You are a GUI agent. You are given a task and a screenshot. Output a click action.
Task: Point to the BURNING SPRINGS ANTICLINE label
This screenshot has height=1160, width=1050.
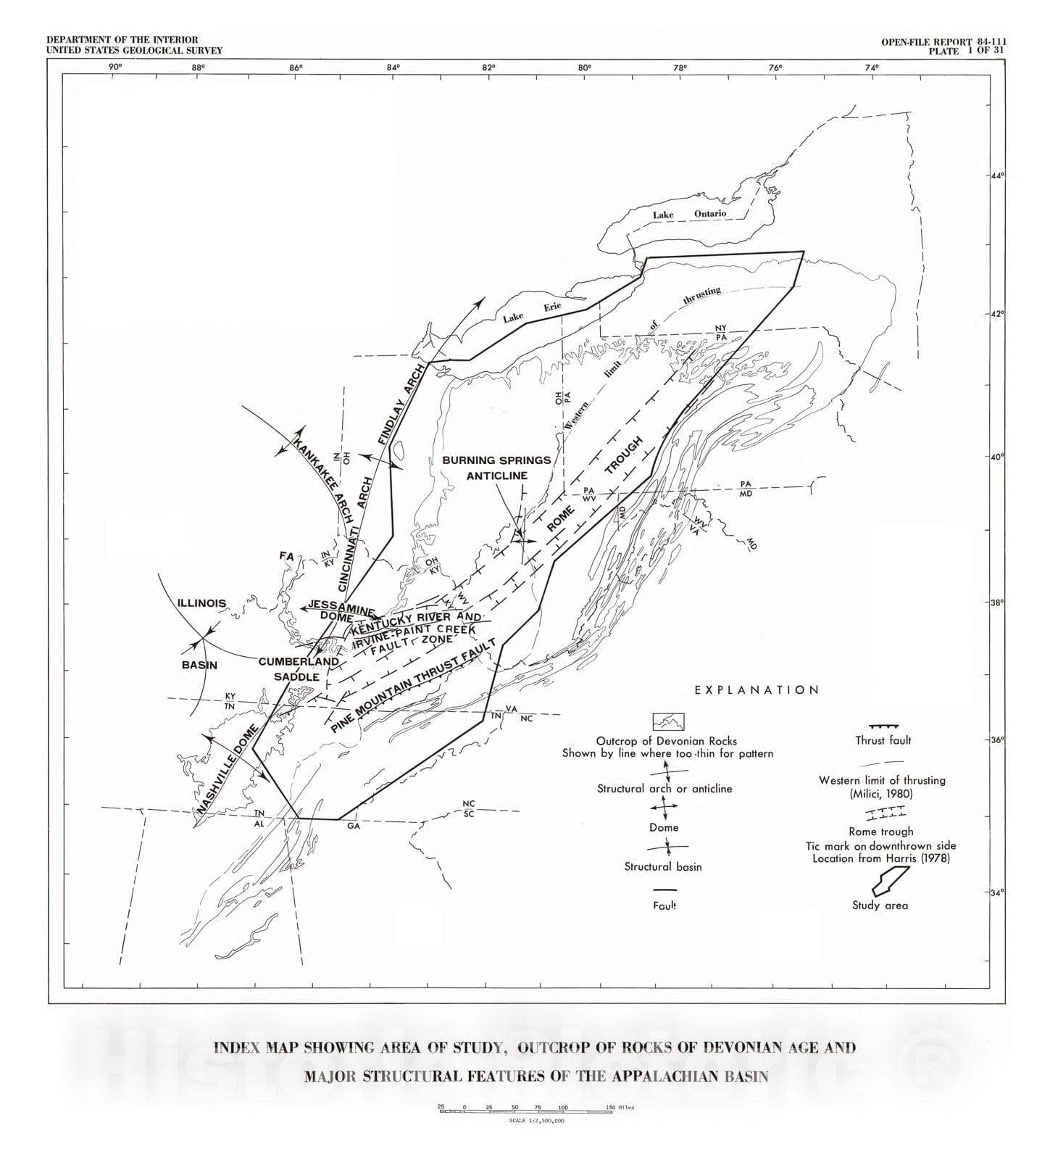[496, 468]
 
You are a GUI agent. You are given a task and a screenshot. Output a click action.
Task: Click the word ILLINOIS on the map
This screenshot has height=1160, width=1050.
[201, 603]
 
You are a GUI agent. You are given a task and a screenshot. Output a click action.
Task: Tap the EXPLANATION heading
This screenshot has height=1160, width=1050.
[757, 690]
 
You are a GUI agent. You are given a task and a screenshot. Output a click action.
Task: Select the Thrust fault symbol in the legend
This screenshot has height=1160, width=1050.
[883, 726]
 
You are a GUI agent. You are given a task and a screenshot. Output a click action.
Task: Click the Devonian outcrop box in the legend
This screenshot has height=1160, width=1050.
[668, 721]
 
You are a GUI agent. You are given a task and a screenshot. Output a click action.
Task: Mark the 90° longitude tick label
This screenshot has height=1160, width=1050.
[114, 67]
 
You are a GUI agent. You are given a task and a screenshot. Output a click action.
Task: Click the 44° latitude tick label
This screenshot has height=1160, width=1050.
[997, 176]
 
